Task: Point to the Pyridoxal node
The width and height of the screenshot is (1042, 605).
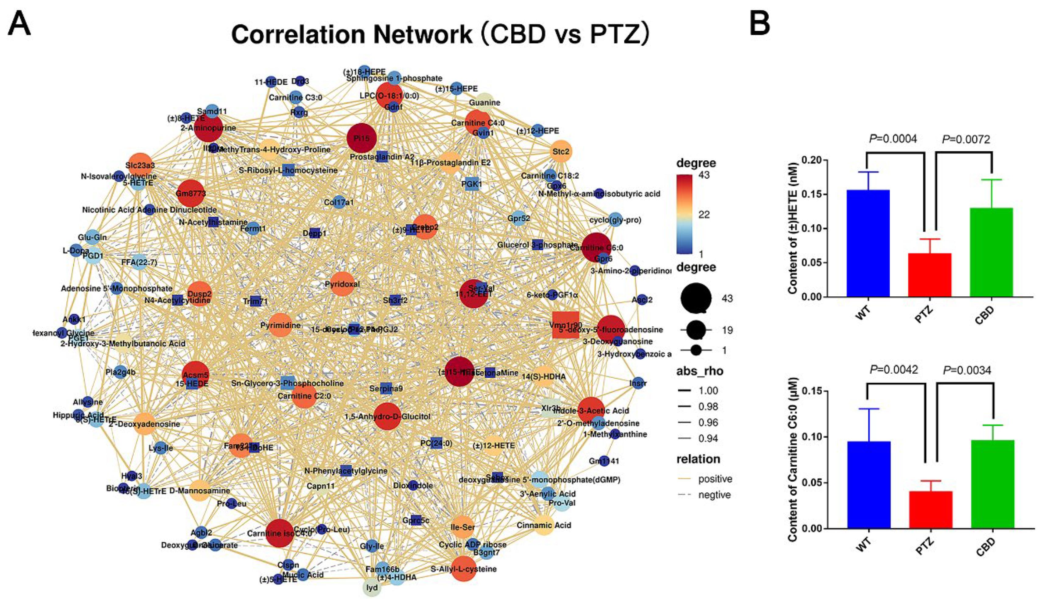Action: [342, 284]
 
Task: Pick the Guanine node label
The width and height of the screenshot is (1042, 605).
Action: [484, 103]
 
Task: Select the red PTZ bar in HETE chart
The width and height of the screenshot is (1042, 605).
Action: [929, 275]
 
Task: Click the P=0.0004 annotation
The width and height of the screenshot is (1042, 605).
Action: [893, 139]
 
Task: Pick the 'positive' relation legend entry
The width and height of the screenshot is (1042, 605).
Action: [715, 479]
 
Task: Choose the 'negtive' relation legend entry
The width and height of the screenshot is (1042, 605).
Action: [714, 495]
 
